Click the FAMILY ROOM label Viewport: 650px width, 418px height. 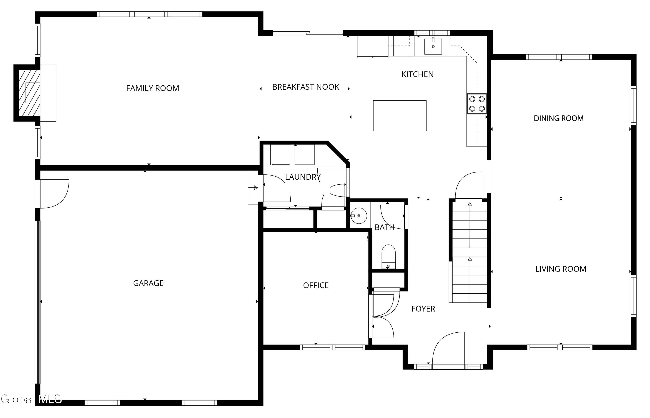(153, 88)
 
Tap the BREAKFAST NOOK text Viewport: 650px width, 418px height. (305, 87)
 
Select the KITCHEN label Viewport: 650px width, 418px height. (418, 74)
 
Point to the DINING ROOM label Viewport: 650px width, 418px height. (559, 118)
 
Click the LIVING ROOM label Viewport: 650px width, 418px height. (561, 269)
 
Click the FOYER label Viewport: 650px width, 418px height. (423, 309)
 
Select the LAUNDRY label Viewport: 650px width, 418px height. (303, 177)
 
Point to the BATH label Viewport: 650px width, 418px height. (384, 228)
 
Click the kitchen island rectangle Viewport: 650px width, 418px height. (400, 116)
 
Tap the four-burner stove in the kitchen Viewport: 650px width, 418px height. (477, 104)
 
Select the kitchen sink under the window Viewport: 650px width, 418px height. (433, 46)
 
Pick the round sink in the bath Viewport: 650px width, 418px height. (359, 216)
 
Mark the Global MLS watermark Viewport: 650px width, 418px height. (31, 399)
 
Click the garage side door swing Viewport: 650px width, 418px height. (55, 194)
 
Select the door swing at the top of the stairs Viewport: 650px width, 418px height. (469, 186)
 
